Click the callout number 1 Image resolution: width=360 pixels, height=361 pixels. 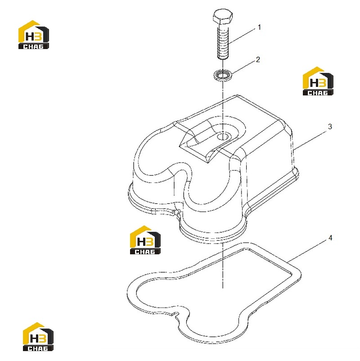click(259, 27)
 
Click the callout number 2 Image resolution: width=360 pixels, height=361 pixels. click(258, 59)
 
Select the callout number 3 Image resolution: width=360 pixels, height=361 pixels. click(330, 126)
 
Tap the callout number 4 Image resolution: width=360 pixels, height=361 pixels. click(330, 238)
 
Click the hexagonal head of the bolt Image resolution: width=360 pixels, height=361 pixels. click(223, 17)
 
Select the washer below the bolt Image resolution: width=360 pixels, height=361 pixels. click(223, 75)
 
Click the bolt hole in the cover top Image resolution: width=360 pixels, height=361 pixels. click(223, 136)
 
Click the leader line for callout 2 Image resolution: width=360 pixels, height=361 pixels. click(243, 67)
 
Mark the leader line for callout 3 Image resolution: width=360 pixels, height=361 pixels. click(310, 140)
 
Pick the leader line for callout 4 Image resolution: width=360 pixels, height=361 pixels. click(307, 252)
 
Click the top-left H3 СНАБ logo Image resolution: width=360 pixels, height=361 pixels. click(34, 35)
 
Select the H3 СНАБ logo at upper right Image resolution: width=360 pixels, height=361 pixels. click(318, 81)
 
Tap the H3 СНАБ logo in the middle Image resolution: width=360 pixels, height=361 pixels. click(145, 240)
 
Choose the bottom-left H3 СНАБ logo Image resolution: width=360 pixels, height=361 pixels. click(38, 337)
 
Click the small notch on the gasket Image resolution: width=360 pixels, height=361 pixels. click(176, 314)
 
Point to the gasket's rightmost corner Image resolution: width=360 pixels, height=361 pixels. click(300, 273)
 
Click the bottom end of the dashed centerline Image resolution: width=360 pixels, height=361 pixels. click(223, 288)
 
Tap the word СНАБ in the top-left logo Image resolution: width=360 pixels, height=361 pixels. click(34, 46)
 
